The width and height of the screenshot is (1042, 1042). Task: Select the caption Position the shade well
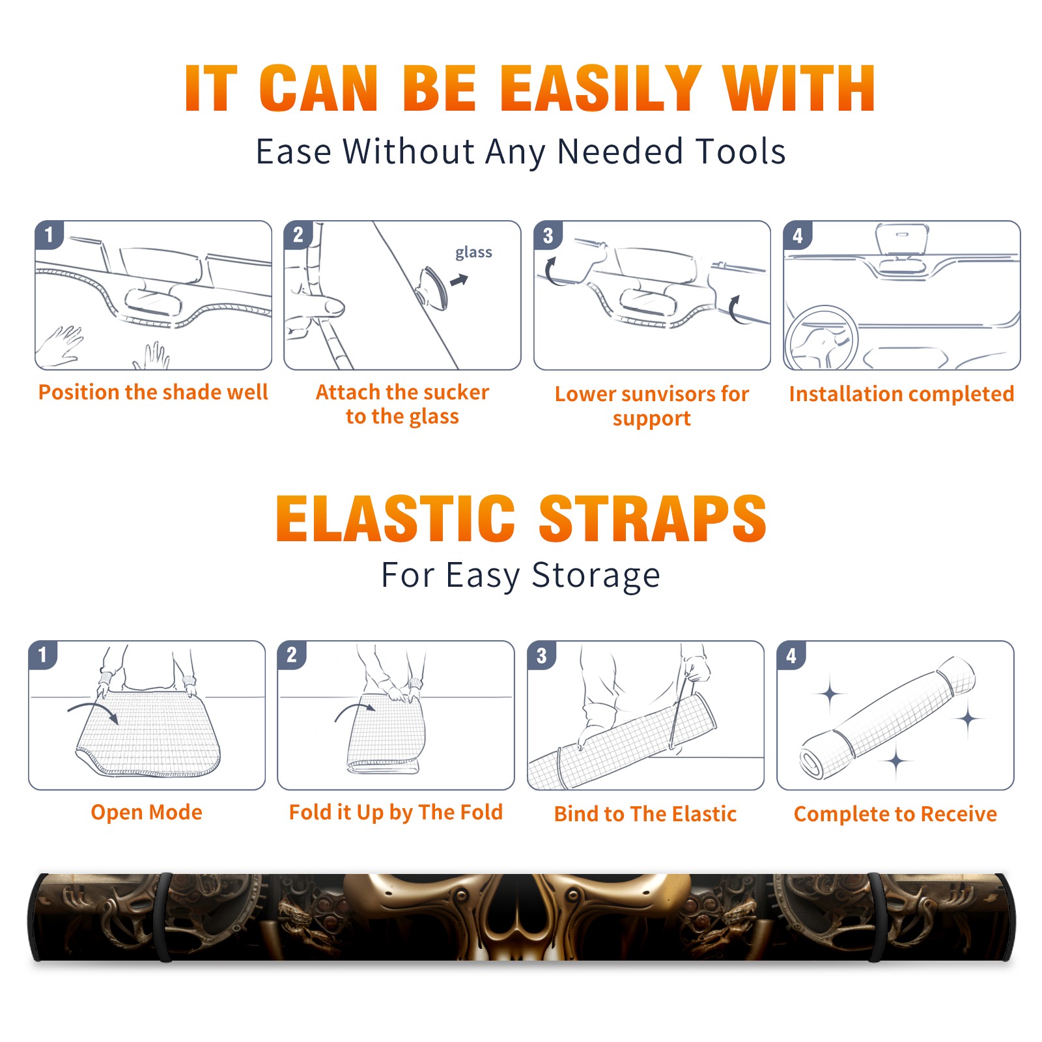click(153, 392)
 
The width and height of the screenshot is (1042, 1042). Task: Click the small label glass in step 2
click(473, 253)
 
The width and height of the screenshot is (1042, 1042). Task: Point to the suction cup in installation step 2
click(433, 288)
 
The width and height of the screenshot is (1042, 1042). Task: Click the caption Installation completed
click(901, 394)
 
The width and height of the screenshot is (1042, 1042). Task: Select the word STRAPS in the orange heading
click(653, 518)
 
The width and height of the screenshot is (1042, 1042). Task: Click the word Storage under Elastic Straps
click(596, 576)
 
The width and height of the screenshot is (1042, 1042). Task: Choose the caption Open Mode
click(147, 812)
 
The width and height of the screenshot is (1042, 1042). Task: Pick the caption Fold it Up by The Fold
click(396, 813)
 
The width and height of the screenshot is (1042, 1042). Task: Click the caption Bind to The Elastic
click(645, 814)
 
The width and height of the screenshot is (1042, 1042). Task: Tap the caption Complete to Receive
click(895, 814)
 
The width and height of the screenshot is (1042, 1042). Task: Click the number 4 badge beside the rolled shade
click(791, 655)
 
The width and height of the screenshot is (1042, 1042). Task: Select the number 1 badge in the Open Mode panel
click(43, 655)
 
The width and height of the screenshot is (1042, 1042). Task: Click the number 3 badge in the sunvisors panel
click(548, 236)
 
